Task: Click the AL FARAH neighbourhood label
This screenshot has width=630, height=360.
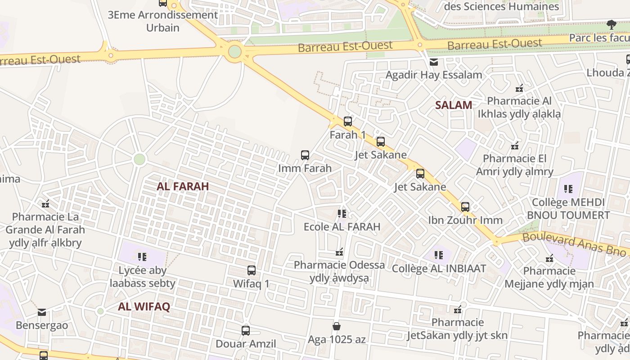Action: click(x=183, y=186)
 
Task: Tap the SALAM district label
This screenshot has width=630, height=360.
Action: click(x=454, y=105)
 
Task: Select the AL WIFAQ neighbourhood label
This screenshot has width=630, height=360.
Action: click(x=144, y=307)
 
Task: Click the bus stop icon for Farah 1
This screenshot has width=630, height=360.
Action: click(x=348, y=121)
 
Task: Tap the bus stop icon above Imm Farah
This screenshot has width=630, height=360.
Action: click(x=305, y=155)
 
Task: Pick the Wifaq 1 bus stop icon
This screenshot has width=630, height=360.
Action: click(x=252, y=270)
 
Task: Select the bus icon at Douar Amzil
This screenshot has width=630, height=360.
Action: click(x=246, y=331)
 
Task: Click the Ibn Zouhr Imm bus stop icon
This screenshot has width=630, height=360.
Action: click(x=465, y=207)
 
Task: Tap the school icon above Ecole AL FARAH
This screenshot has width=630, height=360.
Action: click(x=342, y=213)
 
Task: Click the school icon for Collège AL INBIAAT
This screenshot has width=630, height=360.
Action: click(x=439, y=255)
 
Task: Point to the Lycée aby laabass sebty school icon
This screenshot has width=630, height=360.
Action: click(x=142, y=257)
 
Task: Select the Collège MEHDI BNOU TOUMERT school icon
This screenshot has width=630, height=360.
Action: click(x=568, y=189)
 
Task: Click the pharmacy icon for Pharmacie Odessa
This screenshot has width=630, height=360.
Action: click(x=340, y=252)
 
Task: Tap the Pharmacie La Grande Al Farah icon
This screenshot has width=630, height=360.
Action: click(x=45, y=204)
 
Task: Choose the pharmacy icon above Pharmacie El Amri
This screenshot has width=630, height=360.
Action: click(x=515, y=146)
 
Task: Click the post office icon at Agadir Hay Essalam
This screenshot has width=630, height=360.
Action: click(x=434, y=62)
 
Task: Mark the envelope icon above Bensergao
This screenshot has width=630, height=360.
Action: click(x=42, y=312)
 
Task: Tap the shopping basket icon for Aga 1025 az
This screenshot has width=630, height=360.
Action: click(x=337, y=326)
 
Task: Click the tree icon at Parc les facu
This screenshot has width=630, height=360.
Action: click(x=611, y=25)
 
